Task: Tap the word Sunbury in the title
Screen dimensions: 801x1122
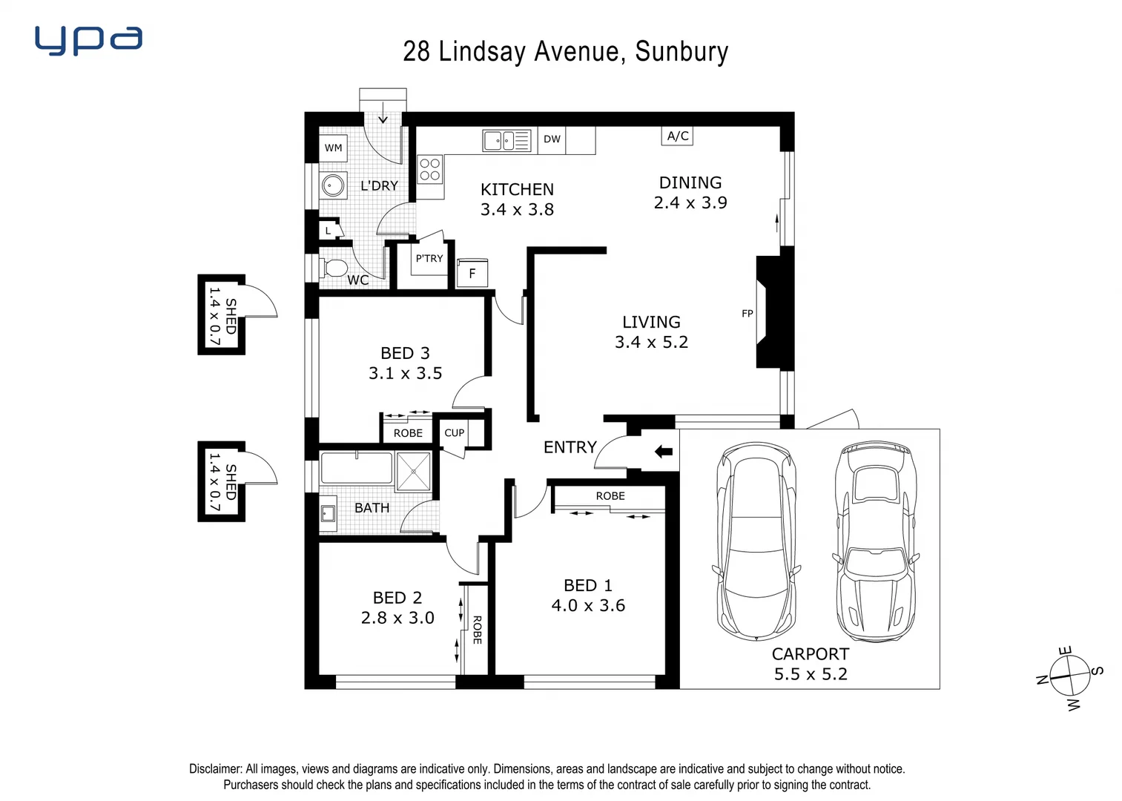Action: click(x=682, y=52)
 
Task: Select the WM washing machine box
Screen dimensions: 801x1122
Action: click(x=334, y=148)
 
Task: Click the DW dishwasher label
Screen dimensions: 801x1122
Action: click(x=552, y=139)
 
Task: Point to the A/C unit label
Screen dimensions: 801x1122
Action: click(x=677, y=136)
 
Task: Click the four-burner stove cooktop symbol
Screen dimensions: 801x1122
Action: click(x=430, y=170)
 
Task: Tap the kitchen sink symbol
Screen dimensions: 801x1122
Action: click(x=506, y=140)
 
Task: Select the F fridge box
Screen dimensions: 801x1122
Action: click(x=472, y=274)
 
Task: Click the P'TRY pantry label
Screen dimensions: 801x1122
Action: click(x=429, y=259)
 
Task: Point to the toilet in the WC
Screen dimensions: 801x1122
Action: click(x=334, y=267)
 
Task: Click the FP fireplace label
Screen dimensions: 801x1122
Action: click(x=747, y=314)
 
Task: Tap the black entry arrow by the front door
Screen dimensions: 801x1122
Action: click(x=663, y=451)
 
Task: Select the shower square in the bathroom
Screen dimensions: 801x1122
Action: click(x=413, y=471)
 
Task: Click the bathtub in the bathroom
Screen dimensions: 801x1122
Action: click(x=356, y=469)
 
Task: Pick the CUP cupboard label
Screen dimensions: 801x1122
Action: click(x=454, y=433)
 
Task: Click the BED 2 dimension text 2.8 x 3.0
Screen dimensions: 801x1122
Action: click(x=397, y=618)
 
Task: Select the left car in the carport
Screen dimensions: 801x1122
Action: click(x=756, y=541)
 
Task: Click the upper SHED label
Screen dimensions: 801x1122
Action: click(x=231, y=316)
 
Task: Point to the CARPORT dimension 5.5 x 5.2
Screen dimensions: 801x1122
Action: click(x=811, y=674)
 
